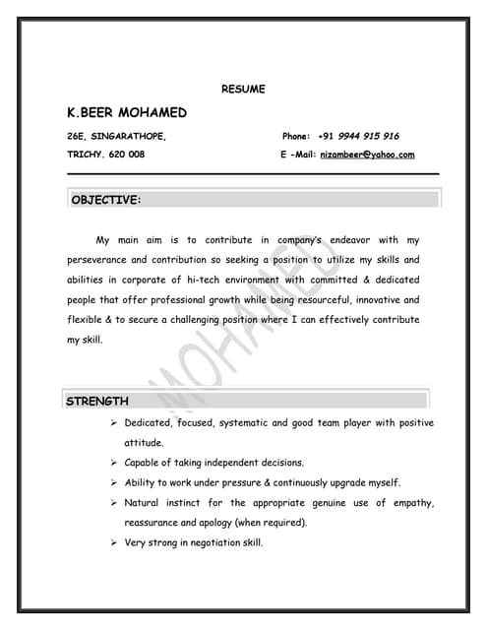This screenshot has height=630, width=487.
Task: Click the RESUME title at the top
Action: tap(243, 90)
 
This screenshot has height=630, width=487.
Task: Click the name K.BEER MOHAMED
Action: tap(126, 113)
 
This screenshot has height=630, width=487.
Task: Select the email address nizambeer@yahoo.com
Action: tap(368, 155)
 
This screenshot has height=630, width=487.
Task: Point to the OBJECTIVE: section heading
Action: tap(106, 200)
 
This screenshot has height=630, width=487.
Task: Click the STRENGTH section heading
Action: tap(96, 401)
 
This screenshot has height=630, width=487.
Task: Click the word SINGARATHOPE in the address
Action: tap(126, 136)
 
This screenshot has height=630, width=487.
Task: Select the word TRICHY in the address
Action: tap(85, 155)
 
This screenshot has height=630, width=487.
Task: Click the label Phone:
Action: tap(296, 136)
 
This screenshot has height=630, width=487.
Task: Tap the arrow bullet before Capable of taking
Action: tap(114, 463)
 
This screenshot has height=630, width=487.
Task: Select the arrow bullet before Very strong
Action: tap(114, 543)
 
